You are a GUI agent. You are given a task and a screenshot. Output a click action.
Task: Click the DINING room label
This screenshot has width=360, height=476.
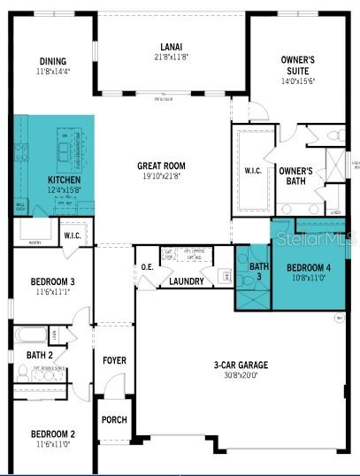click(x=52, y=61)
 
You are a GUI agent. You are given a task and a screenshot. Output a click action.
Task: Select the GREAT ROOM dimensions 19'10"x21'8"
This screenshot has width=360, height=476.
click(x=160, y=175)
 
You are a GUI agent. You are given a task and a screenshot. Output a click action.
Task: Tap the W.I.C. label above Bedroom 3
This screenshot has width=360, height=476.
click(x=73, y=235)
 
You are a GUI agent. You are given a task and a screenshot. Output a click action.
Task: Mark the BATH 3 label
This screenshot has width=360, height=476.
click(x=257, y=272)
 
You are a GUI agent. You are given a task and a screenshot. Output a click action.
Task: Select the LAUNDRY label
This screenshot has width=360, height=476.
click(x=187, y=281)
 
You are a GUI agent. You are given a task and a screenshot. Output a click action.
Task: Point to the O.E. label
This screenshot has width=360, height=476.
click(x=147, y=267)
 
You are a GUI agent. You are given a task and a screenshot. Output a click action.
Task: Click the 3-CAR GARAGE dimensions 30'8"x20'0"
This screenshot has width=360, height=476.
click(x=235, y=374)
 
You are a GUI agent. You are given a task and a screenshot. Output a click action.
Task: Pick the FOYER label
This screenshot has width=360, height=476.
click(x=115, y=361)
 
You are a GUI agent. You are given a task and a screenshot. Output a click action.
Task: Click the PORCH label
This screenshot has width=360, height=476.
click(x=114, y=419)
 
